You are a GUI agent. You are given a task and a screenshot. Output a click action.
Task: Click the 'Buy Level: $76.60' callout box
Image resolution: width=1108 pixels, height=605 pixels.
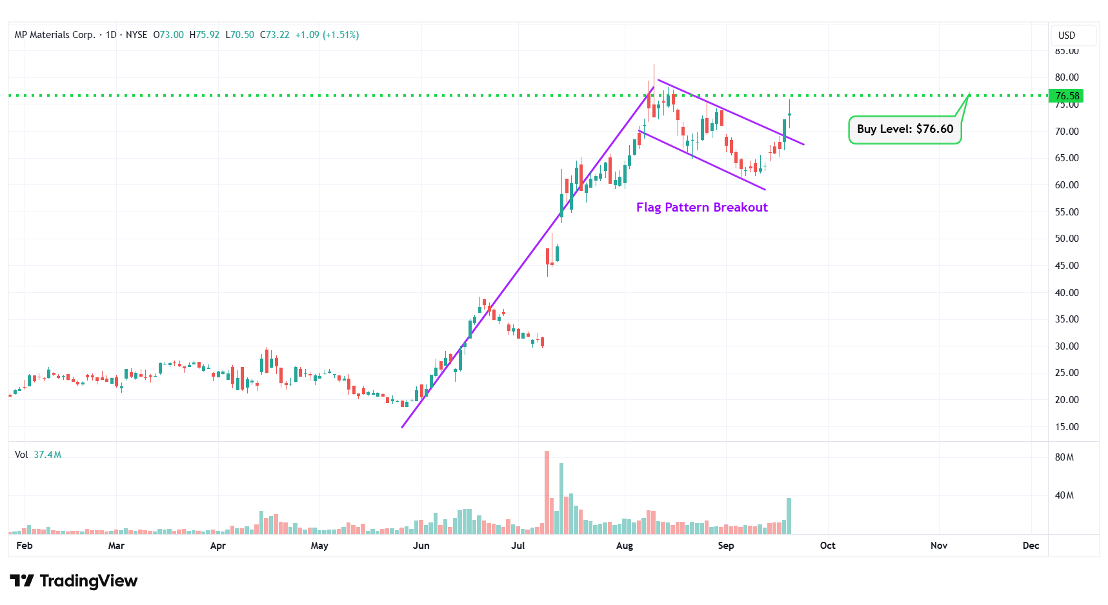pos(905,129)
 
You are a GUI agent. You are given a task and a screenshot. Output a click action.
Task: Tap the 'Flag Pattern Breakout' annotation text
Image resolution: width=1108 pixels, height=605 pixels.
pos(701,207)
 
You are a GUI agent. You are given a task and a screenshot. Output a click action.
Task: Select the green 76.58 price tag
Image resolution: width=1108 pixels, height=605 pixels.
pos(1066,96)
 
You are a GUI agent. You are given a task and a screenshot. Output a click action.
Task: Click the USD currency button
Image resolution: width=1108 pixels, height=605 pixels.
pos(1067,35)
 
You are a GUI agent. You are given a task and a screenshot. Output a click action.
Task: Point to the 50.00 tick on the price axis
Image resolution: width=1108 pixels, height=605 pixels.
pos(1066,239)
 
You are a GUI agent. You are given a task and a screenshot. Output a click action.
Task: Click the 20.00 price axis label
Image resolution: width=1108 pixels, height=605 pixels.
pos(1066,400)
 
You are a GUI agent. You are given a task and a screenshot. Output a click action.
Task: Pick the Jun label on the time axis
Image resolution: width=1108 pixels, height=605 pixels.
pos(421,546)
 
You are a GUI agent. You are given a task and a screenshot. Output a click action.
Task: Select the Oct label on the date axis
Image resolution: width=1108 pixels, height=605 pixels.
pos(827,546)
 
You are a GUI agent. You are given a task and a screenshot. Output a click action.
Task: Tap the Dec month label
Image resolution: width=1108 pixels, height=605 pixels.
pos(1031,546)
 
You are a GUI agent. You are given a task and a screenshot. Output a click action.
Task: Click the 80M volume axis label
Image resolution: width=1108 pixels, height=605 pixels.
pos(1064,457)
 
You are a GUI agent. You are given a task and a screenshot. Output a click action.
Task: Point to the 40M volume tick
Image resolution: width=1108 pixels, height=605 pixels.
pos(1064,495)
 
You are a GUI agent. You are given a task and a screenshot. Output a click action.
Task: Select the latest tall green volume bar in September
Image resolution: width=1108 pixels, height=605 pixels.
pos(789,515)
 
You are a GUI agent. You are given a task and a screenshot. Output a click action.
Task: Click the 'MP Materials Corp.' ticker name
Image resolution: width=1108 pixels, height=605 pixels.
pos(55,35)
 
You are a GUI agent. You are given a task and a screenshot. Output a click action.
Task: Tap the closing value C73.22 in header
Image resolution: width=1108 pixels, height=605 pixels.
pos(274,35)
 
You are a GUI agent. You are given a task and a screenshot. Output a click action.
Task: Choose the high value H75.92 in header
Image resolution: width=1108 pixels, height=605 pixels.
pos(204,35)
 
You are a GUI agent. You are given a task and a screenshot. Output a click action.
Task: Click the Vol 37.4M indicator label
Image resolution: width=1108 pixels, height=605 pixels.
pos(38,455)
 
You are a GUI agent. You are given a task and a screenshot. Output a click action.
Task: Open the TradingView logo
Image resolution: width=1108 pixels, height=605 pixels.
pos(74,581)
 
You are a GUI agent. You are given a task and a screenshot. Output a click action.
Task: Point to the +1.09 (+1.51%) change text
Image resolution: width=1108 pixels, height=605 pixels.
pos(327,35)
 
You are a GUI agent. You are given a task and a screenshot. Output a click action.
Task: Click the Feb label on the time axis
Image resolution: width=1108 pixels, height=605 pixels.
pos(25,546)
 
